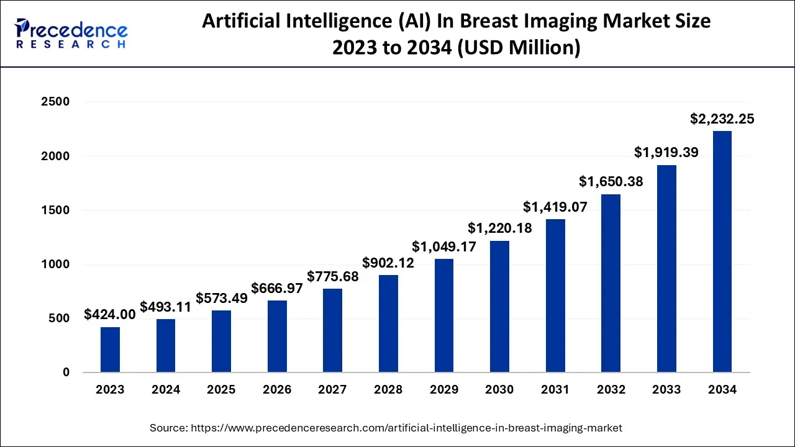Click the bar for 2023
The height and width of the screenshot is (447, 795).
click(x=110, y=350)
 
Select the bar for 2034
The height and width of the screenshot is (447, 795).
click(x=722, y=251)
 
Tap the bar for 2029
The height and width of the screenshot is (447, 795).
click(x=444, y=315)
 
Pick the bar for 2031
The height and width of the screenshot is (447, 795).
click(x=555, y=296)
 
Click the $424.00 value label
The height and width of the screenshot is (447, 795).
click(x=110, y=315)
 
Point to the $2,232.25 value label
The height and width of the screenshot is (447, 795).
click(x=722, y=119)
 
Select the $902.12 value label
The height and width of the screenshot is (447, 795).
click(x=388, y=263)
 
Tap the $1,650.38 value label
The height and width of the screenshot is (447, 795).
click(x=611, y=182)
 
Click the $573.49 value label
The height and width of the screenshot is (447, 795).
click(x=222, y=298)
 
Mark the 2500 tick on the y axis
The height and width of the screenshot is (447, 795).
click(x=57, y=102)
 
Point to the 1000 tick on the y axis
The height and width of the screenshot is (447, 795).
click(x=57, y=264)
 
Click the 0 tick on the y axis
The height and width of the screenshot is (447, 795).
click(x=66, y=372)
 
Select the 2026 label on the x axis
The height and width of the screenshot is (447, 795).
click(x=277, y=390)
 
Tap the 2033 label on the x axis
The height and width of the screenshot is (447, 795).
click(x=666, y=390)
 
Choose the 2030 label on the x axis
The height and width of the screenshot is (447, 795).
click(x=499, y=390)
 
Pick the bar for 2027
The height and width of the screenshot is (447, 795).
click(x=333, y=330)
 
